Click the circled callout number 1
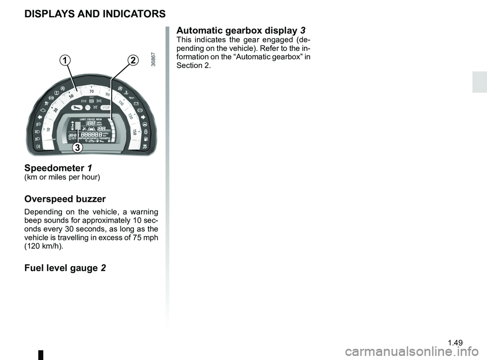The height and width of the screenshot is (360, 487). click(64, 61)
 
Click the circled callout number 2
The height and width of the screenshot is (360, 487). click(132, 61)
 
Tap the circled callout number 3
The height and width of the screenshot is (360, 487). click(77, 148)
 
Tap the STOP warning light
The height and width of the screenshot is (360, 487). click(106, 108)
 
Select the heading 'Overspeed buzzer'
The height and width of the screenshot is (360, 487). click(65, 199)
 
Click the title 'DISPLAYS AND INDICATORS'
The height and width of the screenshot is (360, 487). click(95, 13)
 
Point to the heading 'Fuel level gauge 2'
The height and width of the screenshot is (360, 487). click(65, 267)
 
